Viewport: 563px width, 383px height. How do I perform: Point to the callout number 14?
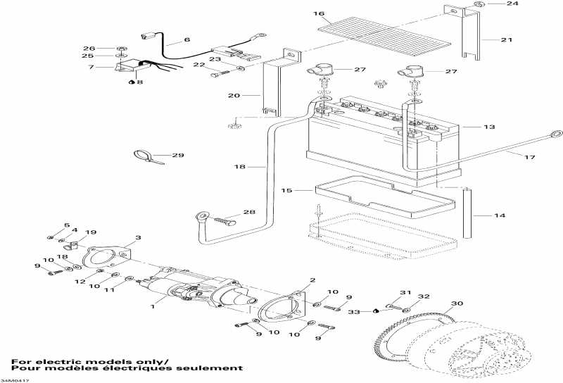[x=500, y=215]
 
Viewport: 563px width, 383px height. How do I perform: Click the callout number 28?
[x=250, y=212]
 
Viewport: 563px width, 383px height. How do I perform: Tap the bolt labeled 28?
[x=224, y=220]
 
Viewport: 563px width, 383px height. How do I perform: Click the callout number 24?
[x=512, y=4]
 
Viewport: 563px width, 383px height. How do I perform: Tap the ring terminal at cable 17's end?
[x=556, y=133]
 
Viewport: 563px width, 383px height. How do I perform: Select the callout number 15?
[x=285, y=190]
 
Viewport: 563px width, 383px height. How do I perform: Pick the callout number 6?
[x=187, y=40]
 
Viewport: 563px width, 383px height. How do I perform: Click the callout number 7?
[x=91, y=68]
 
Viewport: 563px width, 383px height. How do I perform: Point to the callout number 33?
[x=356, y=311]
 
